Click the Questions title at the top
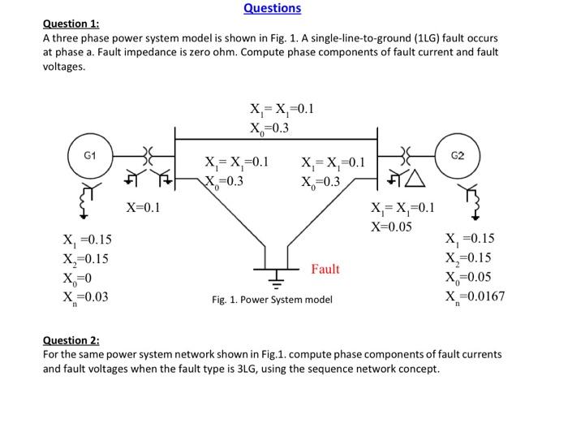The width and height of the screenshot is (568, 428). [x=272, y=8]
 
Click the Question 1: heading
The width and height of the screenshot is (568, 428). [x=71, y=24]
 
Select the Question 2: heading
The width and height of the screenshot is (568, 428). [x=71, y=340]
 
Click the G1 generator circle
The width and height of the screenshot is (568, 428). [x=89, y=154]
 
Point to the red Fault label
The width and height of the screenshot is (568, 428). [x=325, y=269]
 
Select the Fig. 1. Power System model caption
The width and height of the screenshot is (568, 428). [x=272, y=300]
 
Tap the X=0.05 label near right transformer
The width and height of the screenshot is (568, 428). [x=392, y=225]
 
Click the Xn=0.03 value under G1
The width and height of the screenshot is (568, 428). [x=85, y=296]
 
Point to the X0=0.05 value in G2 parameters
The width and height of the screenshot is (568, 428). [x=470, y=278]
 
